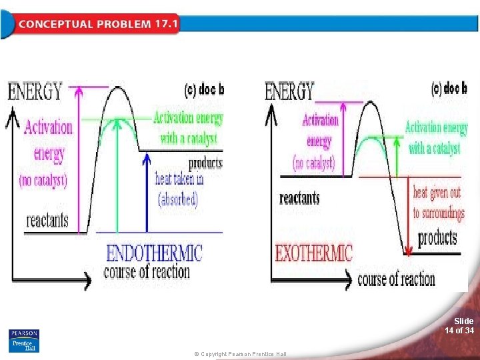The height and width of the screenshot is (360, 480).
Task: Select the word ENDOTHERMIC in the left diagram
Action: [x=154, y=253]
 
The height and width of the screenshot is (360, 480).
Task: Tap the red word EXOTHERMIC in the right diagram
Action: [x=314, y=253]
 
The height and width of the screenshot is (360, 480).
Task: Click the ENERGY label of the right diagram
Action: [x=290, y=91]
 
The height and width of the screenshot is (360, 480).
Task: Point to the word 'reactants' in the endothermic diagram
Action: [x=47, y=219]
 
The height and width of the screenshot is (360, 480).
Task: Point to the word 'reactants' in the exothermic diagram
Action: [x=299, y=198]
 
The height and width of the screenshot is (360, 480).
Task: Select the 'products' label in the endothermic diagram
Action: [x=205, y=163]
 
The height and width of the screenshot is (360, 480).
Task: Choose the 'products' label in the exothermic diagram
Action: [x=437, y=237]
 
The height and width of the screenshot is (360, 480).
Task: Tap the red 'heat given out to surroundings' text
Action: [x=437, y=203]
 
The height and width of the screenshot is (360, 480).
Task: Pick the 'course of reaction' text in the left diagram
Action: [x=147, y=272]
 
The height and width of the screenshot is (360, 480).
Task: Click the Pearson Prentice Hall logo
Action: [x=24, y=341]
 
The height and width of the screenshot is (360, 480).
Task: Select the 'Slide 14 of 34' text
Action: [x=460, y=325]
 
